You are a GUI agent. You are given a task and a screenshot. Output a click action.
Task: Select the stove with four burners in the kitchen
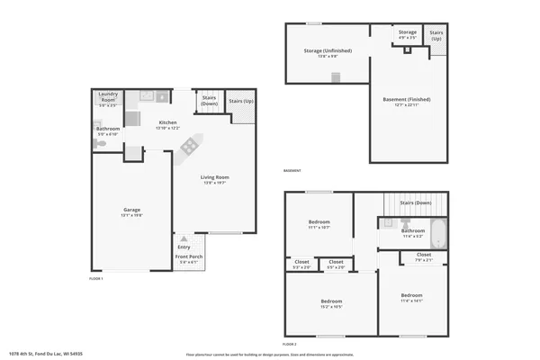190,147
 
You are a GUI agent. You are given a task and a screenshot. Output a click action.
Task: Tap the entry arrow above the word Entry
184,238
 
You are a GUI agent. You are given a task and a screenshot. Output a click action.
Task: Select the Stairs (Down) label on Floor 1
209,100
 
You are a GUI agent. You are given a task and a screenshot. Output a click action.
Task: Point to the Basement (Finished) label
407,101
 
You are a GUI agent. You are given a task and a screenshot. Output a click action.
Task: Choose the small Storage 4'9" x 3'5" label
408,34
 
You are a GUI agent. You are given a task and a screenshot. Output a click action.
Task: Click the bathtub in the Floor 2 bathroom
437,235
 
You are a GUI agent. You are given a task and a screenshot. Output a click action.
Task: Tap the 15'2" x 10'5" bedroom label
331,302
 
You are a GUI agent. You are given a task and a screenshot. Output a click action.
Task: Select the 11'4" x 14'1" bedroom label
411,298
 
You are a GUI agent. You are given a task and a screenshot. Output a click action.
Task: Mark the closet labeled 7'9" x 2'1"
424,256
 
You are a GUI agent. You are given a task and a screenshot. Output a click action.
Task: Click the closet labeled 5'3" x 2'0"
301,265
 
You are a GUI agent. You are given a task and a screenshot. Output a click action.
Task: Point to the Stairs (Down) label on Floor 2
416,203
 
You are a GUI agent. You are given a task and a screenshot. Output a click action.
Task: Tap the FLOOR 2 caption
290,344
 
